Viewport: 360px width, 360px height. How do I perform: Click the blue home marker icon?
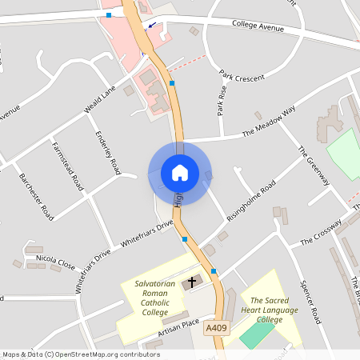tap(180, 173)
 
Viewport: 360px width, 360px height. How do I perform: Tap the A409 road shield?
tap(214, 328)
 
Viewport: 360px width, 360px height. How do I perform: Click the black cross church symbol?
tap(190, 283)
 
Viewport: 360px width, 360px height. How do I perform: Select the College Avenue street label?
tap(258, 26)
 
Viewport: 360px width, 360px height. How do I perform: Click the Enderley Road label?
tap(107, 153)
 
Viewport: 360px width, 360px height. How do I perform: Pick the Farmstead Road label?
tap(68, 166)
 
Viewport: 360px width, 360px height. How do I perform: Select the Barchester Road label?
tap(36, 196)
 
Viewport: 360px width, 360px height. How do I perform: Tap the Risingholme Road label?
tap(251, 201)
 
